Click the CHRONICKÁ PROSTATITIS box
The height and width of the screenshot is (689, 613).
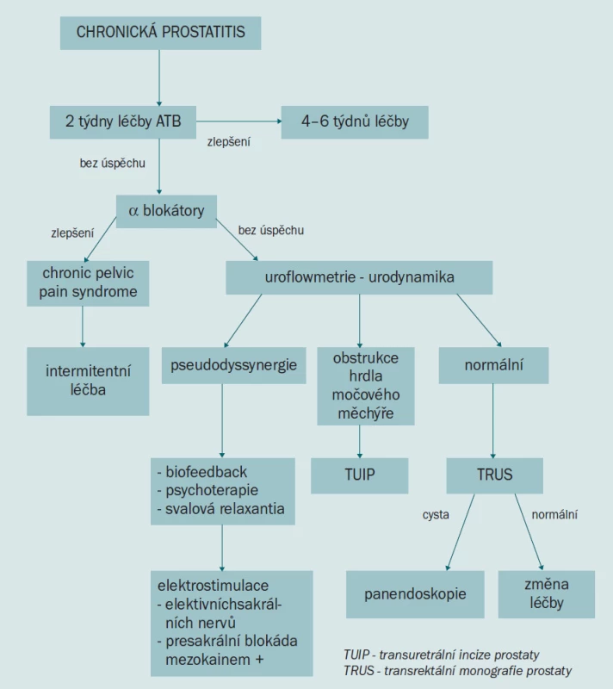click(161, 33)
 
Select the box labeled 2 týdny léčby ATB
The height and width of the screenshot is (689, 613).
click(123, 122)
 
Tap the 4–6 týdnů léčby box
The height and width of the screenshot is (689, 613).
click(355, 122)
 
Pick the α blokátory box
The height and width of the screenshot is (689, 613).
click(166, 211)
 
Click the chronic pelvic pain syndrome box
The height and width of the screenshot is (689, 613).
click(88, 283)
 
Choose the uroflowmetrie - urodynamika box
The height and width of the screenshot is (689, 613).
click(359, 277)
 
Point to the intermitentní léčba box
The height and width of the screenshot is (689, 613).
click(88, 382)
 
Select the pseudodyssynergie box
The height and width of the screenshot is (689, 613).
click(233, 365)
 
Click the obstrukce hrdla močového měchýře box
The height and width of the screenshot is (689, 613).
click(366, 386)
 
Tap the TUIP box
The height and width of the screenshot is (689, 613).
click(360, 475)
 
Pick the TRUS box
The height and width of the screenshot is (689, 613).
click(495, 475)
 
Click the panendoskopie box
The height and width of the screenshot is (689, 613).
click(415, 594)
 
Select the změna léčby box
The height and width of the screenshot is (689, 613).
click(547, 594)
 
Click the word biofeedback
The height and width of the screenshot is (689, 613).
click(206, 472)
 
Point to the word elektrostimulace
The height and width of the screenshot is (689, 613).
click(213, 586)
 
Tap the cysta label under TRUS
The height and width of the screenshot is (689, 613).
click(436, 514)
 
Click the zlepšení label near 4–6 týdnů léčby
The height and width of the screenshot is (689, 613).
click(229, 142)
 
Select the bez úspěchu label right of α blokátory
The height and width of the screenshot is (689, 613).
click(271, 230)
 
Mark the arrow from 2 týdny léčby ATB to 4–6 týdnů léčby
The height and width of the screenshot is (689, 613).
click(238, 121)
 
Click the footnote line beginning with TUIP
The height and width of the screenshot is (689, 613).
click(442, 655)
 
